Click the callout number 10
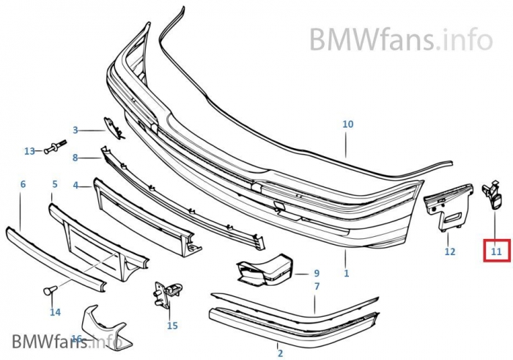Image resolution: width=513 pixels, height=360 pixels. click(x=347, y=124)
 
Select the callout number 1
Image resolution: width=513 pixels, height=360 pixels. click(x=346, y=273)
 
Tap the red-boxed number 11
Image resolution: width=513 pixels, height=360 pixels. click(x=496, y=251)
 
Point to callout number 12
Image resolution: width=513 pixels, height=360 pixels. click(x=450, y=251)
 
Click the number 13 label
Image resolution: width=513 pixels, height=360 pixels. click(x=29, y=151)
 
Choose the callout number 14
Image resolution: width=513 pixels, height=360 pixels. click(x=55, y=312)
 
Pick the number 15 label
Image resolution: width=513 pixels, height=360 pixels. click(x=172, y=325)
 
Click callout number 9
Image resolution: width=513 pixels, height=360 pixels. click(x=317, y=273)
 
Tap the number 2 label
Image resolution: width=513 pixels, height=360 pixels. click(x=279, y=353)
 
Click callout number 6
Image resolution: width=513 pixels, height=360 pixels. click(x=23, y=184)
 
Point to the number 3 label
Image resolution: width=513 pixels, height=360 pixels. click(x=75, y=131)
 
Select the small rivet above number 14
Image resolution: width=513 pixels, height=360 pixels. click(x=51, y=291)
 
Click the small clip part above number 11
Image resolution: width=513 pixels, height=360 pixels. click(x=491, y=195)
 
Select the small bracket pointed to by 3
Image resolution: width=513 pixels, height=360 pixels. click(x=114, y=129)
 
